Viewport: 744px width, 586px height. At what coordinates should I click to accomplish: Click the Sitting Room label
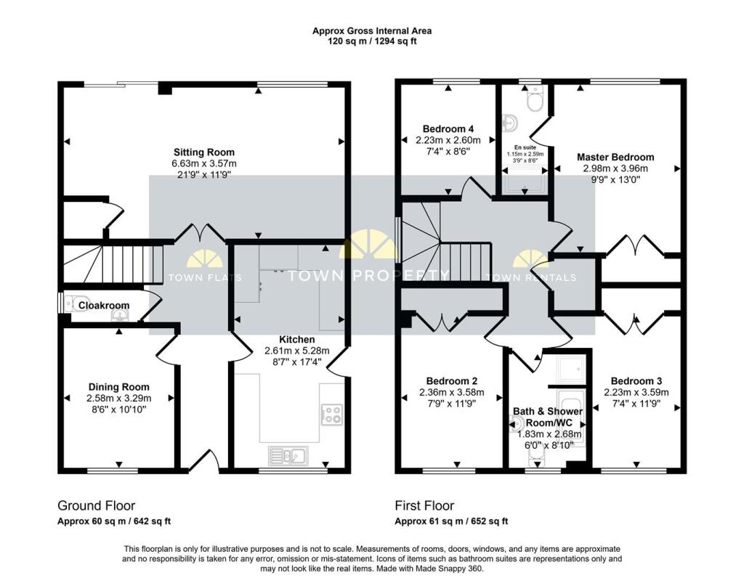point(204,152)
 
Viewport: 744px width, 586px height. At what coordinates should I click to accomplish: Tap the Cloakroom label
point(104,305)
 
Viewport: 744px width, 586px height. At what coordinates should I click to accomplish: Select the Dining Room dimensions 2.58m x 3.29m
point(118,398)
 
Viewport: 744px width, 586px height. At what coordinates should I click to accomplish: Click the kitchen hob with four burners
point(331,413)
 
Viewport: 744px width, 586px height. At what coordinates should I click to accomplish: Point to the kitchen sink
point(288,455)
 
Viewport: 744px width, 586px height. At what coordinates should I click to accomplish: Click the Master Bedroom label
point(615,157)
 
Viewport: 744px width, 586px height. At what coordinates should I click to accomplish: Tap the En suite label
point(525,147)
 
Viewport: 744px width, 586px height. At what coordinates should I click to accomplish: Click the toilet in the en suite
point(535,100)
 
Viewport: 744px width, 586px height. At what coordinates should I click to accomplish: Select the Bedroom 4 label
point(448,129)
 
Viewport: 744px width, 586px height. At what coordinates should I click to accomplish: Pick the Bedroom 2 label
point(452,381)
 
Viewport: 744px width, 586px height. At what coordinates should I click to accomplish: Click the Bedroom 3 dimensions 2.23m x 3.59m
point(636,392)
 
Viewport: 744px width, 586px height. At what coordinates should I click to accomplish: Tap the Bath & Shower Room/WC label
point(548,417)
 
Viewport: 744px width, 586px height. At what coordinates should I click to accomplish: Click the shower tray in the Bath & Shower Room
point(572,369)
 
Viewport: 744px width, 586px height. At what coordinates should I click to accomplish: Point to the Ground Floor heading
point(97,505)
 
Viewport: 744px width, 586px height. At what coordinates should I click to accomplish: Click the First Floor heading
point(424,505)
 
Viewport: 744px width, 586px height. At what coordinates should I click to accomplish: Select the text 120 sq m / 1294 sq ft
point(372,41)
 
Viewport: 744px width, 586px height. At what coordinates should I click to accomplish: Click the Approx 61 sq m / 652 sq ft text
point(451,521)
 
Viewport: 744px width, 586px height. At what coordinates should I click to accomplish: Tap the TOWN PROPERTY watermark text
point(368,275)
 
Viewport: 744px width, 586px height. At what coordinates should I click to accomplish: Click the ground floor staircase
point(113,264)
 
